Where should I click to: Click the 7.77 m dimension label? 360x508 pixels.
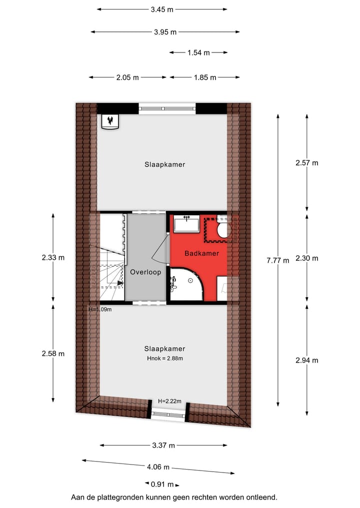(277, 260)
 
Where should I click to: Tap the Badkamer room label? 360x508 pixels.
(201, 254)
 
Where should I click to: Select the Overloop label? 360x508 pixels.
(145, 272)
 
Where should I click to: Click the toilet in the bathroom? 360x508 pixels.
(222, 230)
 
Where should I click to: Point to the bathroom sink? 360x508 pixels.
(186, 223)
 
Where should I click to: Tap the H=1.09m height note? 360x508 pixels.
(99, 309)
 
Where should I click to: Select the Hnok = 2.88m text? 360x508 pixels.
(164, 359)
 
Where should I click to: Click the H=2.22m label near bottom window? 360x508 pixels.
(169, 402)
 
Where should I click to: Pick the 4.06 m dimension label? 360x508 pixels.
(158, 467)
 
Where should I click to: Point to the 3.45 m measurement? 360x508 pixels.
(162, 9)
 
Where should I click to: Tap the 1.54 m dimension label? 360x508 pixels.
(198, 52)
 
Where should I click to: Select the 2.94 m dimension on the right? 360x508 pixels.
(306, 360)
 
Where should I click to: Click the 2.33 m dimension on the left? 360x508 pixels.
(53, 258)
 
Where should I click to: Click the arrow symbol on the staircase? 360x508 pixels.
(120, 283)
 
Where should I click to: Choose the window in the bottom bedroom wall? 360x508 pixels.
(168, 414)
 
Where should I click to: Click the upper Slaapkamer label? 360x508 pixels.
(164, 164)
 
